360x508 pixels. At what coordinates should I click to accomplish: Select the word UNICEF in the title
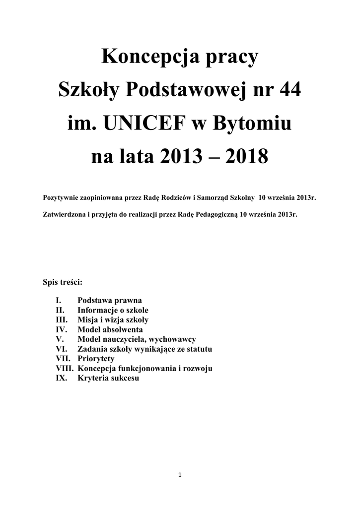point(145,124)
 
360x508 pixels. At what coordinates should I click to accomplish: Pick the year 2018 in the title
point(247,157)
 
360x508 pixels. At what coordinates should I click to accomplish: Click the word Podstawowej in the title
point(189,91)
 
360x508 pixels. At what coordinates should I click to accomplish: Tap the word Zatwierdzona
point(66,216)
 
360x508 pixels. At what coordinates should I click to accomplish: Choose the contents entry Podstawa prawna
point(109,301)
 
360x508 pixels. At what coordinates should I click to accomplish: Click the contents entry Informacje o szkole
point(113,310)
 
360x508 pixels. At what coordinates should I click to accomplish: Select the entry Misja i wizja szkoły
point(113,320)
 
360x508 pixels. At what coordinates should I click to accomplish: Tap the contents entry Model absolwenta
point(110,329)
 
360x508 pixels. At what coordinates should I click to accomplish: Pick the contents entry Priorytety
point(96,359)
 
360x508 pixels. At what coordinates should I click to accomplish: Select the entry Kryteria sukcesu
point(108,378)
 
